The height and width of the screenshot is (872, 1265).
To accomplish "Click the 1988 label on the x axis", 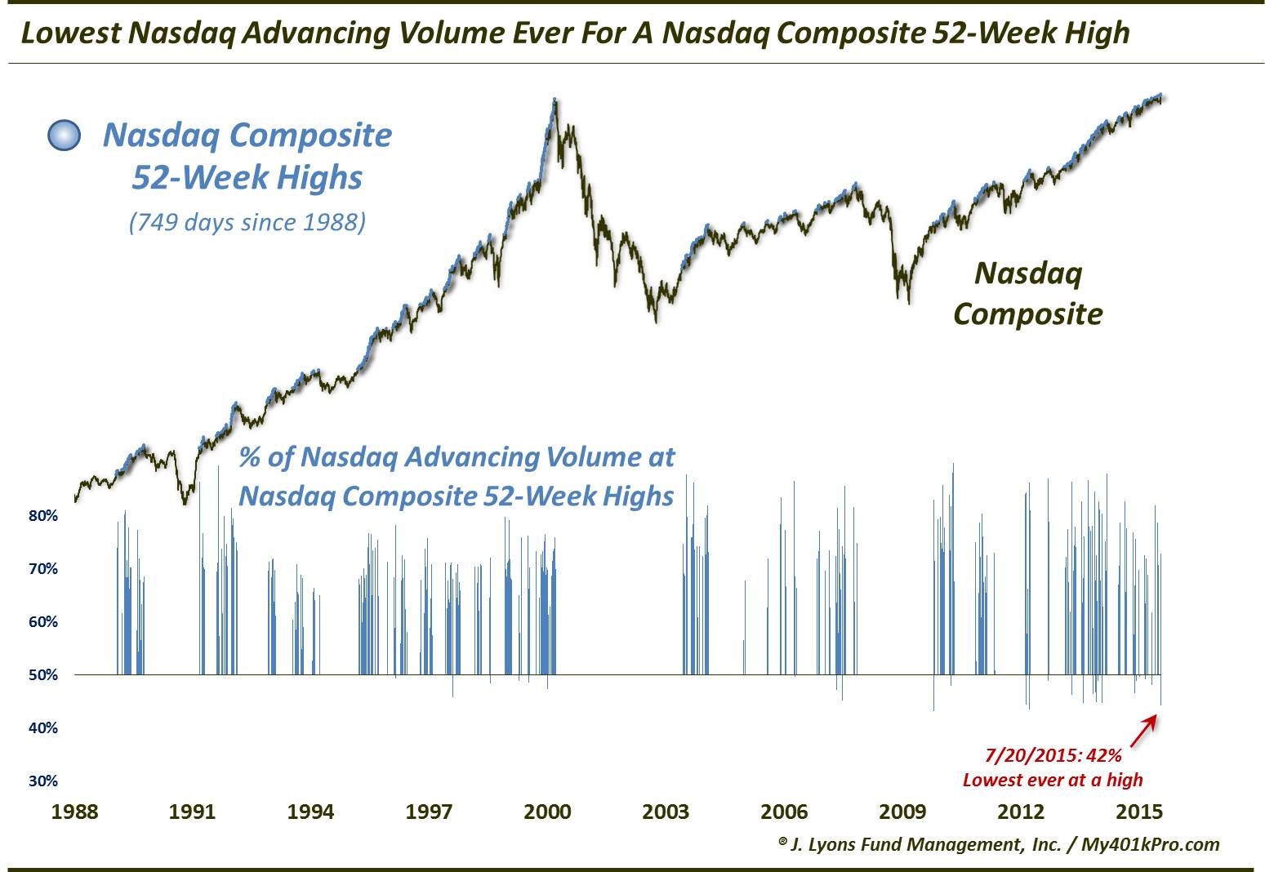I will coord(74,812).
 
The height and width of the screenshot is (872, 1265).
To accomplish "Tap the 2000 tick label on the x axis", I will coord(547,812).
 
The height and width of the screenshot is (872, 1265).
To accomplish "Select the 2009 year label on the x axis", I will coord(902,812).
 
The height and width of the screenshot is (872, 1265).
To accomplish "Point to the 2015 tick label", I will coord(1138,812).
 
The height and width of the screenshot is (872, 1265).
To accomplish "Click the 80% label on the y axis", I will coord(43,516).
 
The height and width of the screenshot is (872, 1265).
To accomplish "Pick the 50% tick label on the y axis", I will coord(43,675).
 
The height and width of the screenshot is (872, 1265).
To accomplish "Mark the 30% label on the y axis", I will coord(43,781).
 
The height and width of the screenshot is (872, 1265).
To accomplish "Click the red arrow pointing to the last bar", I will coord(1146,726).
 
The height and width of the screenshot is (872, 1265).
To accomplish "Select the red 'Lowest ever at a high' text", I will coord(1053,780).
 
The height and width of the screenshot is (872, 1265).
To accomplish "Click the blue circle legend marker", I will coord(65,136).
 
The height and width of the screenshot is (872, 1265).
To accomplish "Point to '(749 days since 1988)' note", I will coord(247,221).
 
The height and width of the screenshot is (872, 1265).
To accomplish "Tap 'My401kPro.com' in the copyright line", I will coord(1150,844).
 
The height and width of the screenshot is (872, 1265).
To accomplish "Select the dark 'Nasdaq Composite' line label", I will coord(1027,293).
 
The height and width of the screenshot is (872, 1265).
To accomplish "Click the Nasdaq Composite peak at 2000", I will coord(555,100).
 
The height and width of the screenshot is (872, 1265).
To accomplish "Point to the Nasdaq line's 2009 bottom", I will coord(907,300).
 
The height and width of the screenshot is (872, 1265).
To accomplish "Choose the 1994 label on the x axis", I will coord(311,812).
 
